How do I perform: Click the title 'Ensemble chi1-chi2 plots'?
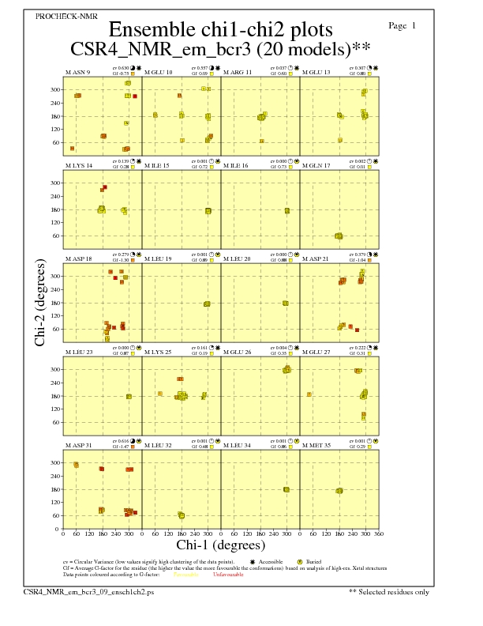click(220, 30)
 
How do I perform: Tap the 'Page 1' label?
click(402, 26)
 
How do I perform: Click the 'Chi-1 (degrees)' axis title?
click(220, 545)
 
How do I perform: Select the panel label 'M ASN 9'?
click(77, 73)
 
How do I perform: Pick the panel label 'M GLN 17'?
click(316, 166)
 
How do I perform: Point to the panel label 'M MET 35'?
click(316, 446)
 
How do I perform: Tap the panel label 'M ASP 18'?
click(78, 259)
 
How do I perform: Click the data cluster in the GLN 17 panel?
click(339, 236)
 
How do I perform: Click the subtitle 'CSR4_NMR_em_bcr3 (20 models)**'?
click(220, 49)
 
